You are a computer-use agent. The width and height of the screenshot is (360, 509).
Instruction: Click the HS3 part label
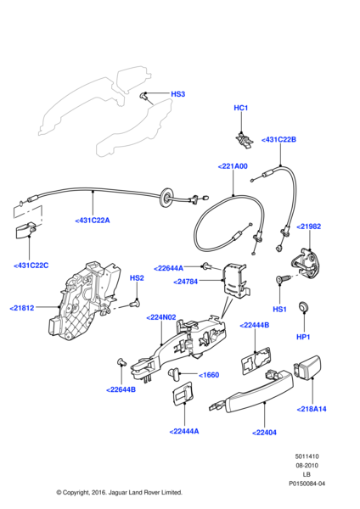[x=177, y=94]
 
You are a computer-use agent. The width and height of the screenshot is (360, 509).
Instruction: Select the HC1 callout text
[x=241, y=108]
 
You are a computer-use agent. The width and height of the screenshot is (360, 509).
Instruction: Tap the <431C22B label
[x=278, y=139]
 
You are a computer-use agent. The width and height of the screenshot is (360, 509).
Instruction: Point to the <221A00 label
[x=233, y=166]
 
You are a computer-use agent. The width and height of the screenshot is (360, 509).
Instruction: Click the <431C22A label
[x=93, y=220]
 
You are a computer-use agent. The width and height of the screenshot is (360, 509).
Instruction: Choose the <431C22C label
[x=31, y=266]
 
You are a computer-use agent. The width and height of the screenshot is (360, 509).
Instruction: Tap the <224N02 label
[x=160, y=318]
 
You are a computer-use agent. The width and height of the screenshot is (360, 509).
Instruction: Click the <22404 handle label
[x=265, y=432]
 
